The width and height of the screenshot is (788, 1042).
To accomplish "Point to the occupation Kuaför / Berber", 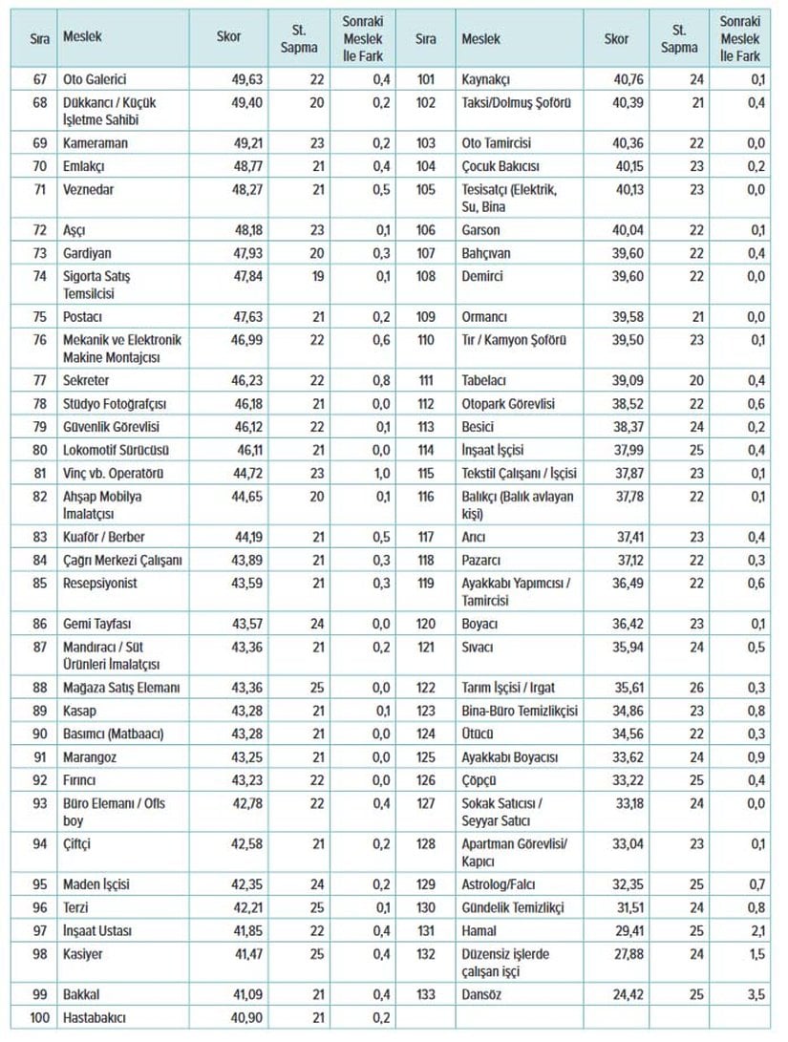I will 103,537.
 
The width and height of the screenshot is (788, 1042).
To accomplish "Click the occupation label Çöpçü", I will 478,779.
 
